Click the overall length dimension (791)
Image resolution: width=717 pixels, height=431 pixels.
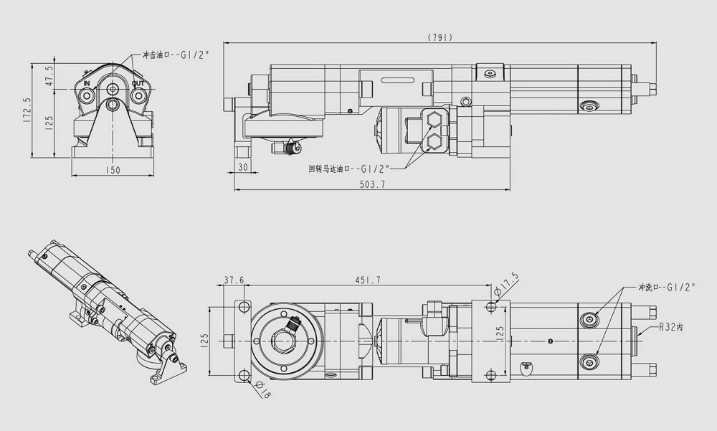click(440, 37)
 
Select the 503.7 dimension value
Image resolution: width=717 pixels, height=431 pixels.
click(373, 184)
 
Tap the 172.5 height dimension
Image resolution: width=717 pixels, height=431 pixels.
click(26, 110)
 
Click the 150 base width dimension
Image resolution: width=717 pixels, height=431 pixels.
click(113, 171)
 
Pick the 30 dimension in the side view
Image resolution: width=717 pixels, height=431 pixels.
click(243, 168)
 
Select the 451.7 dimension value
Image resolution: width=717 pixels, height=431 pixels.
click(368, 280)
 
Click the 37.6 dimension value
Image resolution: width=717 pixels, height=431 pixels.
click(234, 280)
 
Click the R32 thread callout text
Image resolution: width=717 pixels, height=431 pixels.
click(671, 327)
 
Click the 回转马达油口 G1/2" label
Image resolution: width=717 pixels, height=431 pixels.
click(349, 169)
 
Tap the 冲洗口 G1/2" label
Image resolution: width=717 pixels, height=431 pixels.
click(667, 288)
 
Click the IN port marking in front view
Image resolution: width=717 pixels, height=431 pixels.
click(87, 84)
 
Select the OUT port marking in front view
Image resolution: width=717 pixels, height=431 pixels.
click(138, 84)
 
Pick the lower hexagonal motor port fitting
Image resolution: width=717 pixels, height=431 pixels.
click(432, 142)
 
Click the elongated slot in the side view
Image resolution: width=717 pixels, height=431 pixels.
click(398, 80)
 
